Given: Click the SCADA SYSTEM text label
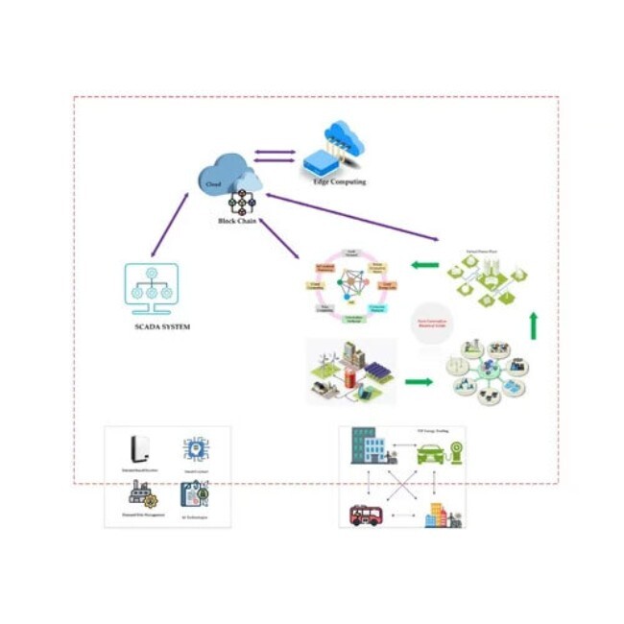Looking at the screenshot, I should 161,327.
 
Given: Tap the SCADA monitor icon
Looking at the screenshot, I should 152,288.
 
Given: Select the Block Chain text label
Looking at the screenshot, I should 235,222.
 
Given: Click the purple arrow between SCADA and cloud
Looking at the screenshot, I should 171,225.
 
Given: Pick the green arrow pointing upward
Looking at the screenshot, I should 534,326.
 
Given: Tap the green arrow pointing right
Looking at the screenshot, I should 418,381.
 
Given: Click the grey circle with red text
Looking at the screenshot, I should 431,322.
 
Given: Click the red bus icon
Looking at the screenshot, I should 366,515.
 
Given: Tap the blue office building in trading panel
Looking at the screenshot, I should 368,445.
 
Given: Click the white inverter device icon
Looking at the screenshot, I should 140,448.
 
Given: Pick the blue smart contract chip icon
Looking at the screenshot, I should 195,449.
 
